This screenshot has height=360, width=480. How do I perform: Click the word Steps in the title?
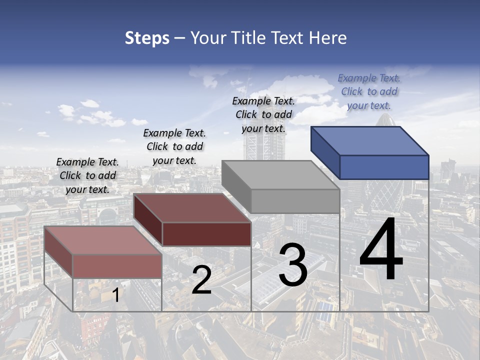(147, 38)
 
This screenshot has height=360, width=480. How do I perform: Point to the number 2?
(201, 280)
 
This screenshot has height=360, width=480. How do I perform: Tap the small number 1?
(115, 295)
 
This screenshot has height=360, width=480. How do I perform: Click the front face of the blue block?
(384, 167)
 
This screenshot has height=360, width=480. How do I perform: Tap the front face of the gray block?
(295, 201)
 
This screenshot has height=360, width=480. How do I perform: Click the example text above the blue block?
(369, 91)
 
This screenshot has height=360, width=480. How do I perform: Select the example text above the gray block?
(263, 114)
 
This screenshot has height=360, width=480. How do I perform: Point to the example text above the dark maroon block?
(174, 146)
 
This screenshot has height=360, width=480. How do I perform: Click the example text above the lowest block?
(87, 175)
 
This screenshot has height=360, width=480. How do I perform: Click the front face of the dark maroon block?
(206, 234)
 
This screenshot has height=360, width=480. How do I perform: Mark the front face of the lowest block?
(117, 266)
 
